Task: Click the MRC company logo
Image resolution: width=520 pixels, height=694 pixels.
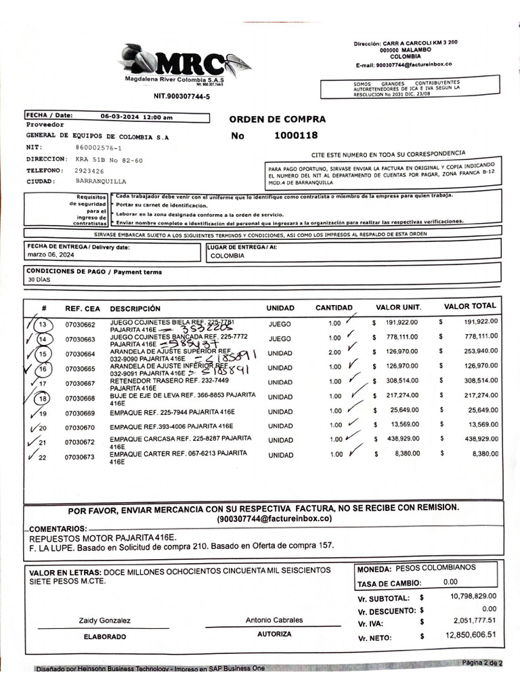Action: (183, 63)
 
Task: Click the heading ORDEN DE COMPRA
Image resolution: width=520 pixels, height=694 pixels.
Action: (277, 119)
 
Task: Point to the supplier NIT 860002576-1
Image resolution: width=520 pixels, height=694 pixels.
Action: (99, 148)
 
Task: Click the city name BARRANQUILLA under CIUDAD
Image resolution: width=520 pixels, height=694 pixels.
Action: (102, 182)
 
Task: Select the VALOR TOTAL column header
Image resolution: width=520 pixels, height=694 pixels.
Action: (470, 306)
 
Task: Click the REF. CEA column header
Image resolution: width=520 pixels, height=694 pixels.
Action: (83, 308)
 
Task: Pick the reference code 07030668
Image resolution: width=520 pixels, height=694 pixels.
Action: (81, 399)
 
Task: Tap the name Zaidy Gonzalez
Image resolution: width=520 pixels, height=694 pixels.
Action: (104, 621)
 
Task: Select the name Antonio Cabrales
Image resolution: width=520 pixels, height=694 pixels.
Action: (274, 620)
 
